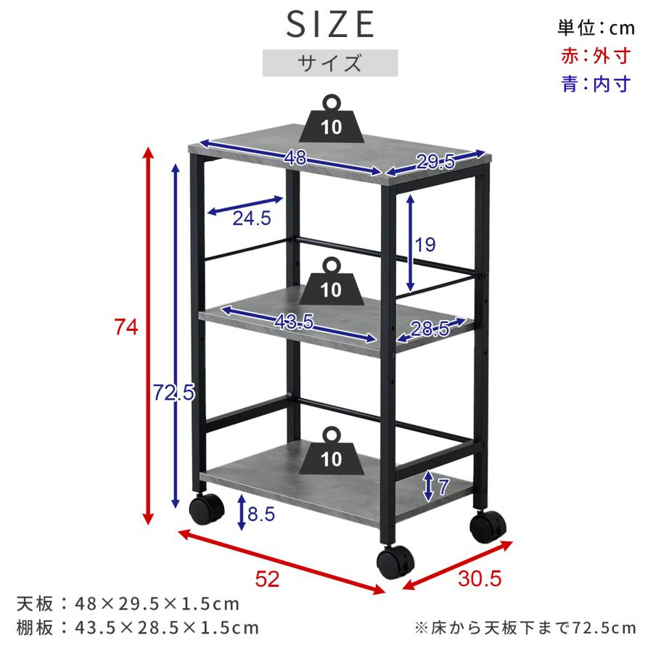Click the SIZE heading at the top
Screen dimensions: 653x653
point(330,24)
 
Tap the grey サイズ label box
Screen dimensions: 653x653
point(330,63)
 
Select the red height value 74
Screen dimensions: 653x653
point(126,327)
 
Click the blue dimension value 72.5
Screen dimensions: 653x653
point(173,392)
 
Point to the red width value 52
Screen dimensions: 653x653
point(267,579)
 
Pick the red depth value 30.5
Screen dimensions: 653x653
point(480,578)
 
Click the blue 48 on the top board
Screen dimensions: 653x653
point(295,158)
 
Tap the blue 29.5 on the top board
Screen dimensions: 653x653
point(435,162)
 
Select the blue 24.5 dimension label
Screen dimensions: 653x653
point(252,218)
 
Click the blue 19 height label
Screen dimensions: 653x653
point(424,245)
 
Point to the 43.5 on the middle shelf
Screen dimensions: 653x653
point(294,321)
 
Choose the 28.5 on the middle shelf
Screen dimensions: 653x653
point(430,329)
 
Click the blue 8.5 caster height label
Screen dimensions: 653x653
point(261,514)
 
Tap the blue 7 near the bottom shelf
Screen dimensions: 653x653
point(443,486)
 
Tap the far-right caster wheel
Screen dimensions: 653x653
point(488,527)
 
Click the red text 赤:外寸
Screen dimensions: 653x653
point(596,56)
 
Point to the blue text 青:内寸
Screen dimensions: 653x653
point(596,84)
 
